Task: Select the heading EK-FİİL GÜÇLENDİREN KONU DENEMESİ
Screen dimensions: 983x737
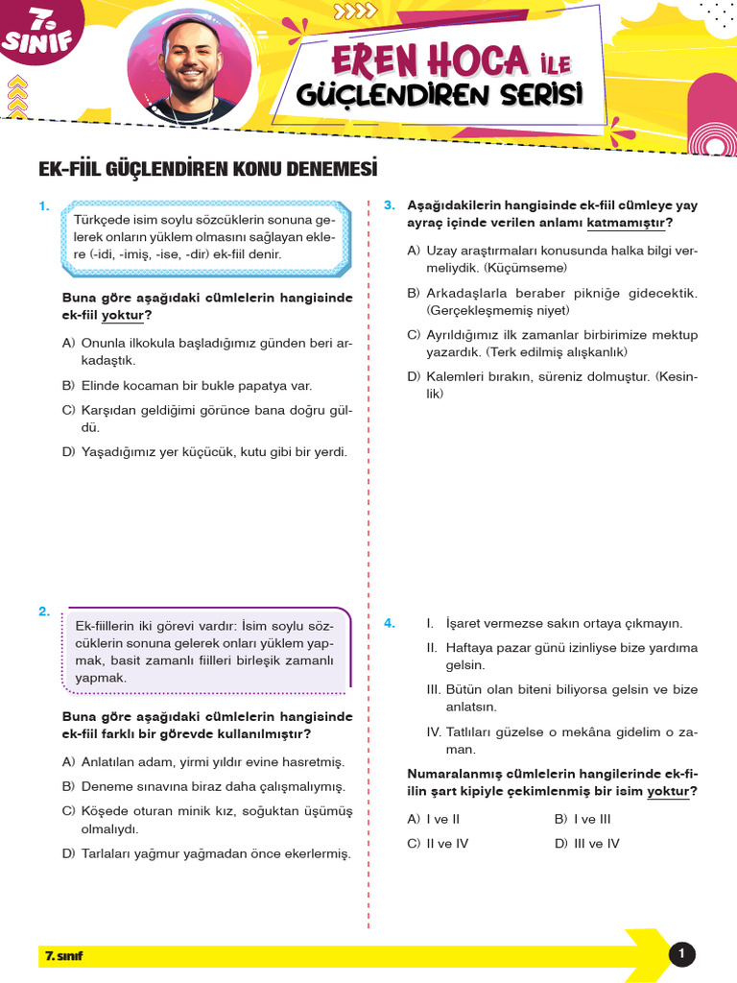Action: coord(208,169)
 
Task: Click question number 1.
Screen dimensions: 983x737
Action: coord(43,205)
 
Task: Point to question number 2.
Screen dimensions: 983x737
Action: coord(43,611)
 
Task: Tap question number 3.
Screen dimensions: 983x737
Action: coord(389,205)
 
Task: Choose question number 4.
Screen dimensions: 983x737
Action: coord(389,623)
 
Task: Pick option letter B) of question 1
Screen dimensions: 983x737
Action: coord(68,386)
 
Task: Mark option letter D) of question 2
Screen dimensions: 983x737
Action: coord(68,853)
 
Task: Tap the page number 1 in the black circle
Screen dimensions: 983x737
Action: coord(681,954)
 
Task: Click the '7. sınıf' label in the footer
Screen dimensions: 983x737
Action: coord(64,956)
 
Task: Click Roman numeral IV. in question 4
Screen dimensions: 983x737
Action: coord(434,732)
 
